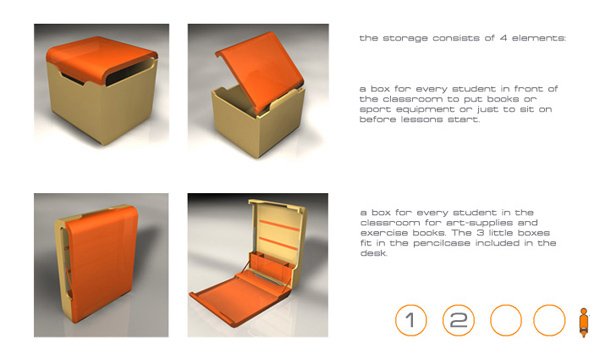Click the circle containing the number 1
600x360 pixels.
tap(411, 305)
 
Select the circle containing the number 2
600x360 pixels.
tap(458, 305)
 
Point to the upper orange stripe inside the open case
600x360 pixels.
tap(279, 226)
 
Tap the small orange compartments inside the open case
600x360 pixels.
tap(272, 262)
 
